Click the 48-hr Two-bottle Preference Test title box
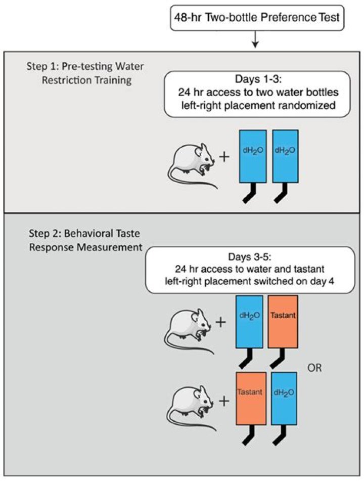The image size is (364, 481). point(257,18)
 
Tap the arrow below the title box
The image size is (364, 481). point(255,39)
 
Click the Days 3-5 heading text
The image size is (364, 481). point(250,256)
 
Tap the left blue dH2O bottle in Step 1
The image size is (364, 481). point(253,156)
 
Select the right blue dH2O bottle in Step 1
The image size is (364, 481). point(285,156)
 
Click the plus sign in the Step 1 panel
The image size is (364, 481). point(224,157)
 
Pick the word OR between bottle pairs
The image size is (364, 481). point(314,368)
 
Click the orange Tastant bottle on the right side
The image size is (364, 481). point(283,322)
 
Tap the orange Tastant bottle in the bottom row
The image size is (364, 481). point(251,399)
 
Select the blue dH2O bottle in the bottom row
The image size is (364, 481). point(284,399)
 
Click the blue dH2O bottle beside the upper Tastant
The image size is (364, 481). point(249,322)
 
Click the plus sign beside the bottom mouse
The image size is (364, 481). point(224,401)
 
